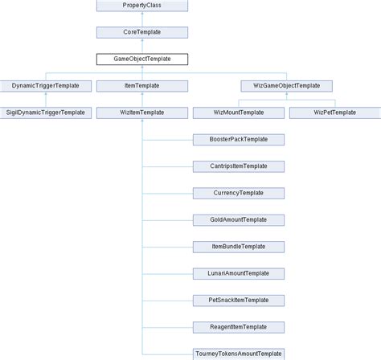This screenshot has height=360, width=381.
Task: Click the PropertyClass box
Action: coord(142,6)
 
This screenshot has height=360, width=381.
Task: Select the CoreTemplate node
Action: coord(142,32)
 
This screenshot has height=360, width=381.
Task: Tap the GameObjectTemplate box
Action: coord(142,59)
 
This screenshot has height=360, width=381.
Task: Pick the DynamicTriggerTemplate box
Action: coord(46,85)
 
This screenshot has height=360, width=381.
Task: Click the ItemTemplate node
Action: coord(142,85)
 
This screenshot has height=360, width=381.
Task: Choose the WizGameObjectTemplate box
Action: coord(287,85)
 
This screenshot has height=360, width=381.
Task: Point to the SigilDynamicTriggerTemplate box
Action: coord(46,112)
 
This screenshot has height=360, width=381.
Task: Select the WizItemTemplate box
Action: coord(142,112)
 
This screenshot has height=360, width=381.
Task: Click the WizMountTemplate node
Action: coord(239,112)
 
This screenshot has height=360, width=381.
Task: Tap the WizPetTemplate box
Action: coord(334,112)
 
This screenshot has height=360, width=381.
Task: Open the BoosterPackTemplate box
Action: coord(239,139)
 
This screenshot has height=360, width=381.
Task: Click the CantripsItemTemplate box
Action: coord(239,166)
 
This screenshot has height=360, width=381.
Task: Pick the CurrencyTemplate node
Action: coord(239,193)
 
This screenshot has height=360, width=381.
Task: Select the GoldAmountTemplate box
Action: coord(239,219)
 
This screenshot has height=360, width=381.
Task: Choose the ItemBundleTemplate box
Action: coord(239,246)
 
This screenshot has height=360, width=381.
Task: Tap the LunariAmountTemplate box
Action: coord(239,273)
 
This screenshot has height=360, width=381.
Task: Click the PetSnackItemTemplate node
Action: coord(239,300)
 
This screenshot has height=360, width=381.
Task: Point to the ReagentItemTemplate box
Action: coord(239,326)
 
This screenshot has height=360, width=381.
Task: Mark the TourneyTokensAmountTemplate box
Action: coord(239,354)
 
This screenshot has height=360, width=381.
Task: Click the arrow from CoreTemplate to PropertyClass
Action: coord(142,18)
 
